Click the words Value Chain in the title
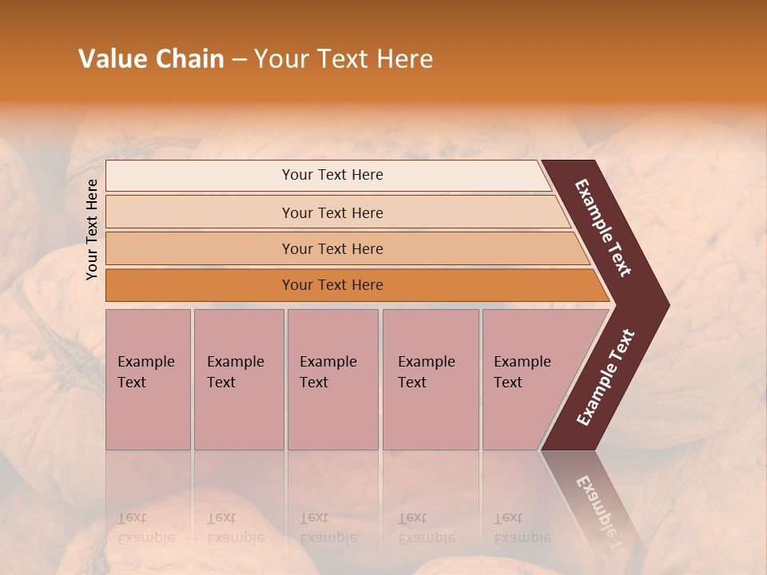[x=151, y=59]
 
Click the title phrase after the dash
[x=344, y=59]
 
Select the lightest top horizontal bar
[x=200, y=176]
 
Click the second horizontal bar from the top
[x=200, y=212]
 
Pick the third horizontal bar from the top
[x=200, y=249]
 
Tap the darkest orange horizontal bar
[x=200, y=285]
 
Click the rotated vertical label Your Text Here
[x=92, y=229]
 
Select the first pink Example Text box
[x=148, y=379]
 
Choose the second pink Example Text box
[x=238, y=379]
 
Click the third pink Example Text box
[x=332, y=379]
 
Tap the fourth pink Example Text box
[x=430, y=379]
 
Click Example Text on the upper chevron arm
[x=604, y=228]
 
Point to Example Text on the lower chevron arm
[x=606, y=378]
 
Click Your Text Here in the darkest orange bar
[x=332, y=285]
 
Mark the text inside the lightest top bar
[x=332, y=175]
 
